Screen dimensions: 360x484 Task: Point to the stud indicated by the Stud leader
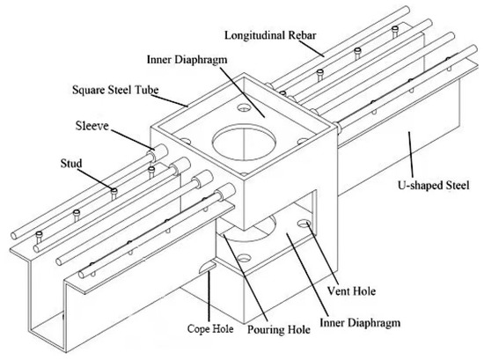(114, 189)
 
